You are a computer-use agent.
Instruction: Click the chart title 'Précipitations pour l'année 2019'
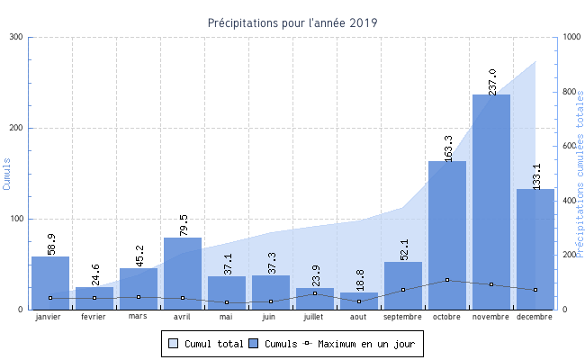tap(292, 22)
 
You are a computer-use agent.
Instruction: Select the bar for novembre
tap(491, 202)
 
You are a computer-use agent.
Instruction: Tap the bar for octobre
tap(447, 235)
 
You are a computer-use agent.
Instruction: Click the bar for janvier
tap(50, 283)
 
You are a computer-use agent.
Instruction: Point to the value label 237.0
tap(491, 79)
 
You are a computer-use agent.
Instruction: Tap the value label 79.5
tap(183, 223)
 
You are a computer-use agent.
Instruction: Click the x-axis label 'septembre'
tap(402, 317)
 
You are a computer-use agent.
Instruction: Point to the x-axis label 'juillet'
tap(315, 317)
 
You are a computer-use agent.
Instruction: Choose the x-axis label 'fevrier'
tap(94, 317)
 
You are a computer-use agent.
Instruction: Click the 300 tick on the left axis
tap(17, 37)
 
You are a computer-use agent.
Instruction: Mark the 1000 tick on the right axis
tap(570, 37)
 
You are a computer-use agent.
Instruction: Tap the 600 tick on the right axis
tap(568, 146)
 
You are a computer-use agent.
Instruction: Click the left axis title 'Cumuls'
tap(7, 173)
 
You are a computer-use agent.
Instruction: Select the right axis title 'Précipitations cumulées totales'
tap(580, 173)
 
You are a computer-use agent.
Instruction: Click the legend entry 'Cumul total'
tap(206, 344)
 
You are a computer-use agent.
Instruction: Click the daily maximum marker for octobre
tap(447, 280)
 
